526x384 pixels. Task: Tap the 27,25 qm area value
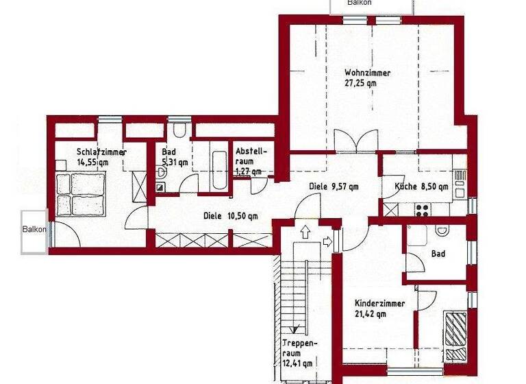[361, 83]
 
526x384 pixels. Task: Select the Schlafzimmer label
[101, 152]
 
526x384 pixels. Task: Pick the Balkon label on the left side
[34, 230]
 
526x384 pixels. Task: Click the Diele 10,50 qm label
[230, 216]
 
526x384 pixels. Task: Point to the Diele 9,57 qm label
[334, 186]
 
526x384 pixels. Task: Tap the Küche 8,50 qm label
[421, 187]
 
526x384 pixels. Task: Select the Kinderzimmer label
[379, 303]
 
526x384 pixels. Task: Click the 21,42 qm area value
[371, 314]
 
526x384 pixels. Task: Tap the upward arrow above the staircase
[305, 233]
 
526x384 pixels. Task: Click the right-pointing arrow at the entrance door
[327, 241]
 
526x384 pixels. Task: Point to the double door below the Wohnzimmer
[355, 142]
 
